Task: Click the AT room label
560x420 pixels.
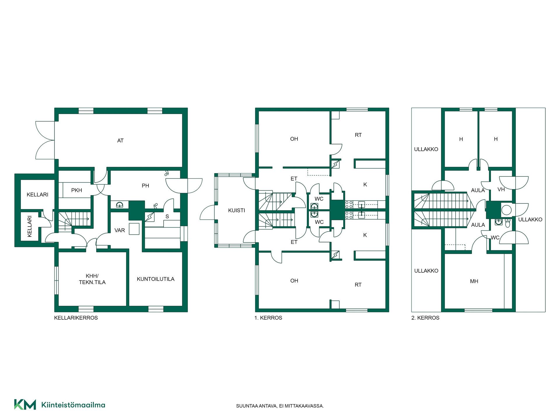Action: pos(120,141)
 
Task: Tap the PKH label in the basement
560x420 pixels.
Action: pos(77,190)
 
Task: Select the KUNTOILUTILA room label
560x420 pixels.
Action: pos(155,279)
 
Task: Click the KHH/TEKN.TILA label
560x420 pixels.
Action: pos(92,279)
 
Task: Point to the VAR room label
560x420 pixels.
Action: pos(120,230)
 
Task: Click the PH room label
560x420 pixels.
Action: pos(145,185)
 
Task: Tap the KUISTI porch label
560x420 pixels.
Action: pos(237,210)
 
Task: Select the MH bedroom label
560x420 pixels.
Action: pos(474,281)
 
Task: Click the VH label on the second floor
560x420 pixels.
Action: pos(501,190)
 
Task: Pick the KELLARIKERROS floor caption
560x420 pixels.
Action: pos(76,318)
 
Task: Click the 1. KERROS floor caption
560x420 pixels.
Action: pos(268,318)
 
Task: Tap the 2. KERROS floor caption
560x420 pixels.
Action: pos(425,318)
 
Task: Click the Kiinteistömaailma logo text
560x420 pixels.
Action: pos(73,405)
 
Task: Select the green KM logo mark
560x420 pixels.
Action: pos(25,405)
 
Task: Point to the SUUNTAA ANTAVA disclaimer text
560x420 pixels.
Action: pos(280,406)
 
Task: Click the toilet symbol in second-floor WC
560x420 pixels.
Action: pos(508,223)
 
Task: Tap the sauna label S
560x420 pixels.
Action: pos(167,217)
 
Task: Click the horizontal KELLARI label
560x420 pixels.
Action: pos(37,195)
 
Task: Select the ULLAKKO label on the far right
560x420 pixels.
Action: pos(530,220)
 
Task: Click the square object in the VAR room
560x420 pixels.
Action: pos(134,229)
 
